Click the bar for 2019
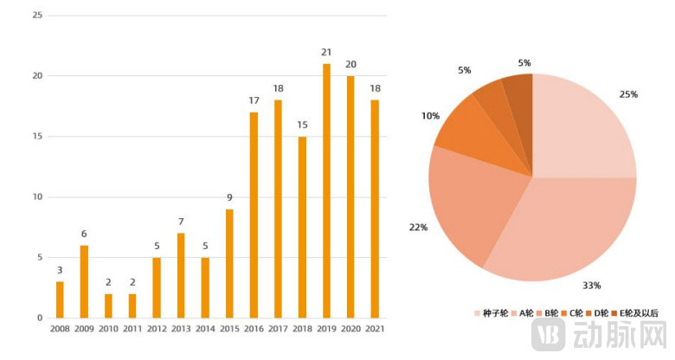pos(326,190)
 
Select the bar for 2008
pos(60,299)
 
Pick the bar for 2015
pos(229,263)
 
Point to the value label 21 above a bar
pos(326,53)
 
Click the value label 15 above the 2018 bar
pos(302,125)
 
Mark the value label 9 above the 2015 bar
pos(229,198)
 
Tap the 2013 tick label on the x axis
pos(181,330)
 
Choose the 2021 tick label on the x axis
pos(375,330)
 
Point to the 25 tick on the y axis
pos(37,15)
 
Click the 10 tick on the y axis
pos(37,196)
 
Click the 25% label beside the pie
pos(628,94)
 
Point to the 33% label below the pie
pos(591,286)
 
